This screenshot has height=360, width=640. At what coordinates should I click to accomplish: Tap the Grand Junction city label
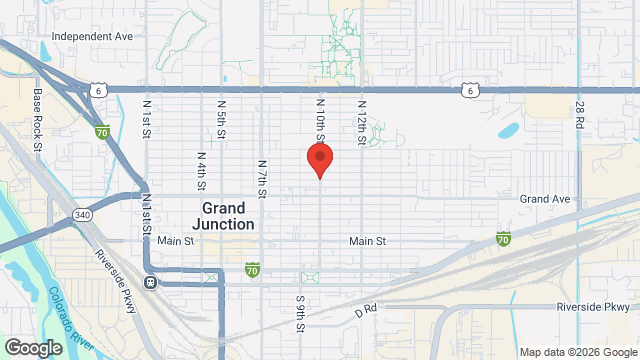point(228,216)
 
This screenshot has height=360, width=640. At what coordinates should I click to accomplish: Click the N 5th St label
point(221,117)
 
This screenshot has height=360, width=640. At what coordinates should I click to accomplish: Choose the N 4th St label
point(201,170)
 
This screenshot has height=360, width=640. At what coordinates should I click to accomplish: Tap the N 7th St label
point(261,177)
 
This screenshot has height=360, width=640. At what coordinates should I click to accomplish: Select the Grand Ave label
point(545,199)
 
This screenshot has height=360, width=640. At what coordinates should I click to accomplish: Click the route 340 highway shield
point(82,215)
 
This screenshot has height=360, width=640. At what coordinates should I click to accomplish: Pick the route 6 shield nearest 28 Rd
point(469,90)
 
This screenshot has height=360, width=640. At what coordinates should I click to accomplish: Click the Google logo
point(32,347)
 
